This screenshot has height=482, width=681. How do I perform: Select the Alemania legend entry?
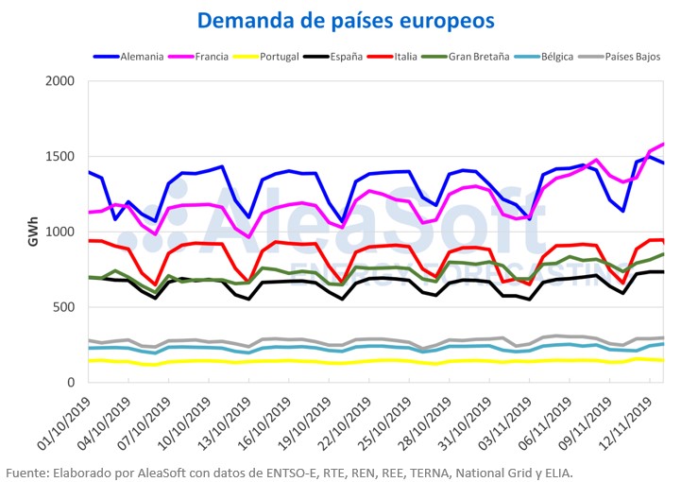140,57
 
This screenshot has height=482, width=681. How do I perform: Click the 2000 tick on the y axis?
60,82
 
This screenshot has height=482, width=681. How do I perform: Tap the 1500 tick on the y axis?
60,157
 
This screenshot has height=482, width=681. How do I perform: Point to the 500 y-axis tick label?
63,307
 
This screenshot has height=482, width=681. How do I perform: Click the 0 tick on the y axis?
71,383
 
